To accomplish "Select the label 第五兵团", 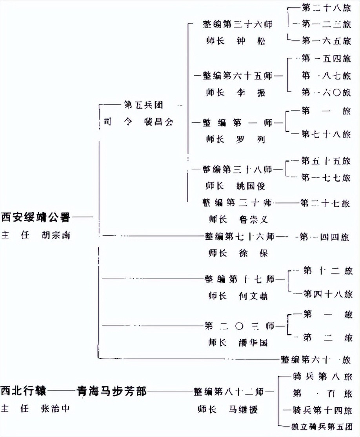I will coord(143,105).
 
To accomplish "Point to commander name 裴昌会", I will coord(158,122).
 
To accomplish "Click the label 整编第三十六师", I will coord(238,24).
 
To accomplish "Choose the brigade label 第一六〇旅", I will coord(326,92).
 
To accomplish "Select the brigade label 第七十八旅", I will coord(326,135).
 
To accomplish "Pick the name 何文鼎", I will coord(253,296).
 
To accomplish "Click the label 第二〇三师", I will coord(239,325).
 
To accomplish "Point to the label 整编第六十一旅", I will coord(316,359).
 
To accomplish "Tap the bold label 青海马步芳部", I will coord(112,391).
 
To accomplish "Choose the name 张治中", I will coord(55,409).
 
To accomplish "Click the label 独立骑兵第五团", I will coord(319,426).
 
